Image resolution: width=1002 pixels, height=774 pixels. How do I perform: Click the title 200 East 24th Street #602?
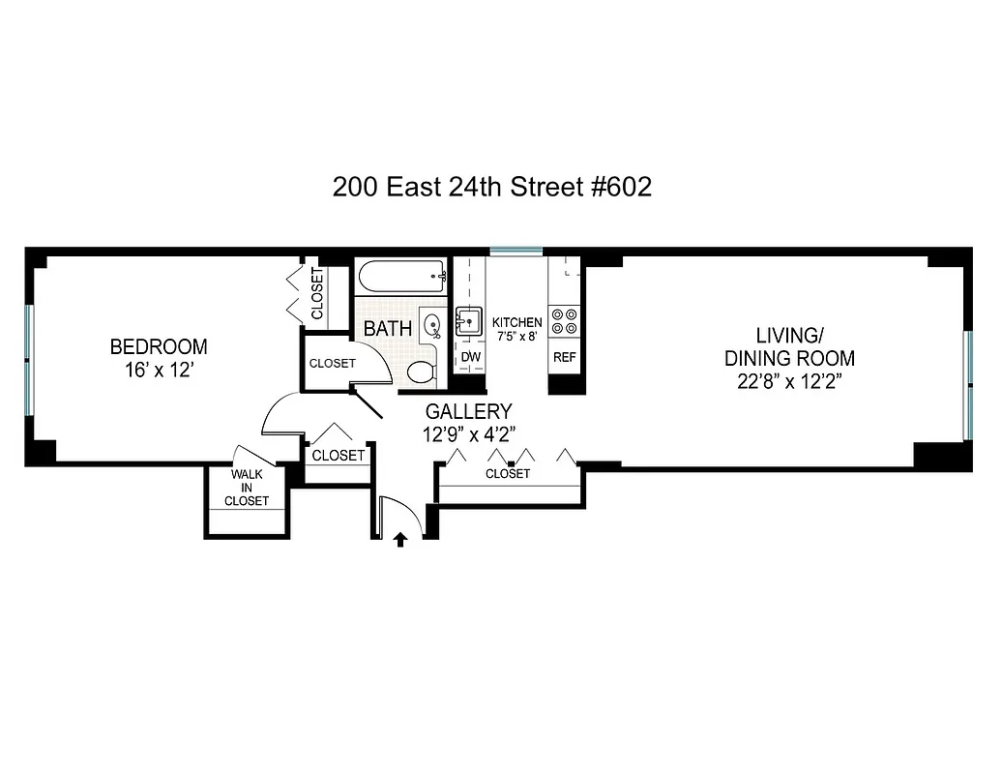(x=491, y=187)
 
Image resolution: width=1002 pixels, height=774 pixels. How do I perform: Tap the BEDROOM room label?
(x=159, y=346)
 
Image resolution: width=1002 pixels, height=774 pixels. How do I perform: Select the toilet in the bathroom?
(x=421, y=371)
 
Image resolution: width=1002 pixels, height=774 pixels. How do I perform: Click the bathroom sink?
(x=431, y=325)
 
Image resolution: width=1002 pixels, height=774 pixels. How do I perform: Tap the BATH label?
(x=387, y=329)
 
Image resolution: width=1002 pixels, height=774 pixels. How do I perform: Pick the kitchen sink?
(x=470, y=319)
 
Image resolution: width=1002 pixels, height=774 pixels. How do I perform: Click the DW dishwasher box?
(x=470, y=358)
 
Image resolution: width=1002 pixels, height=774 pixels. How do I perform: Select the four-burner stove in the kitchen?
(x=564, y=321)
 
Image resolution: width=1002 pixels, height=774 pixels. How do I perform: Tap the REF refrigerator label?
(x=564, y=358)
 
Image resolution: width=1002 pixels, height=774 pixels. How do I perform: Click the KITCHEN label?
(x=516, y=322)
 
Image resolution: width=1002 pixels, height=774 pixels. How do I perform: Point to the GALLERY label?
(x=468, y=412)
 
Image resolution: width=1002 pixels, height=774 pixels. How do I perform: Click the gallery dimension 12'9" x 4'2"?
(x=468, y=434)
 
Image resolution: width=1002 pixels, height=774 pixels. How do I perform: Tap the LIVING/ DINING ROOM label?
(x=789, y=347)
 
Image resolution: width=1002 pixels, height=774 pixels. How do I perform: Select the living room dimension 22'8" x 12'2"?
(x=789, y=380)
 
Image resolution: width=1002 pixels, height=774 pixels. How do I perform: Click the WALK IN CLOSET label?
(x=247, y=488)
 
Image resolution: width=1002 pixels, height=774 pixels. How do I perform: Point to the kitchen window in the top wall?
(x=516, y=252)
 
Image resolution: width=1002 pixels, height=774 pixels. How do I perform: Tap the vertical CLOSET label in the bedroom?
(x=317, y=294)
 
